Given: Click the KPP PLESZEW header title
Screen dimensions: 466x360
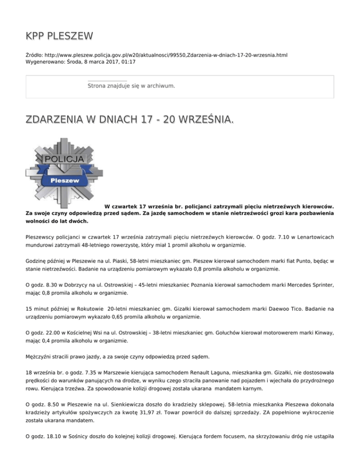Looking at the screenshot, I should [x=59, y=36].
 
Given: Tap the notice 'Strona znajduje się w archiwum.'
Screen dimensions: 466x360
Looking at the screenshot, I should [x=131, y=86].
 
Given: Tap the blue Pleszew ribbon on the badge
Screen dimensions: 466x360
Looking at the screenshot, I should [x=65, y=180].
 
